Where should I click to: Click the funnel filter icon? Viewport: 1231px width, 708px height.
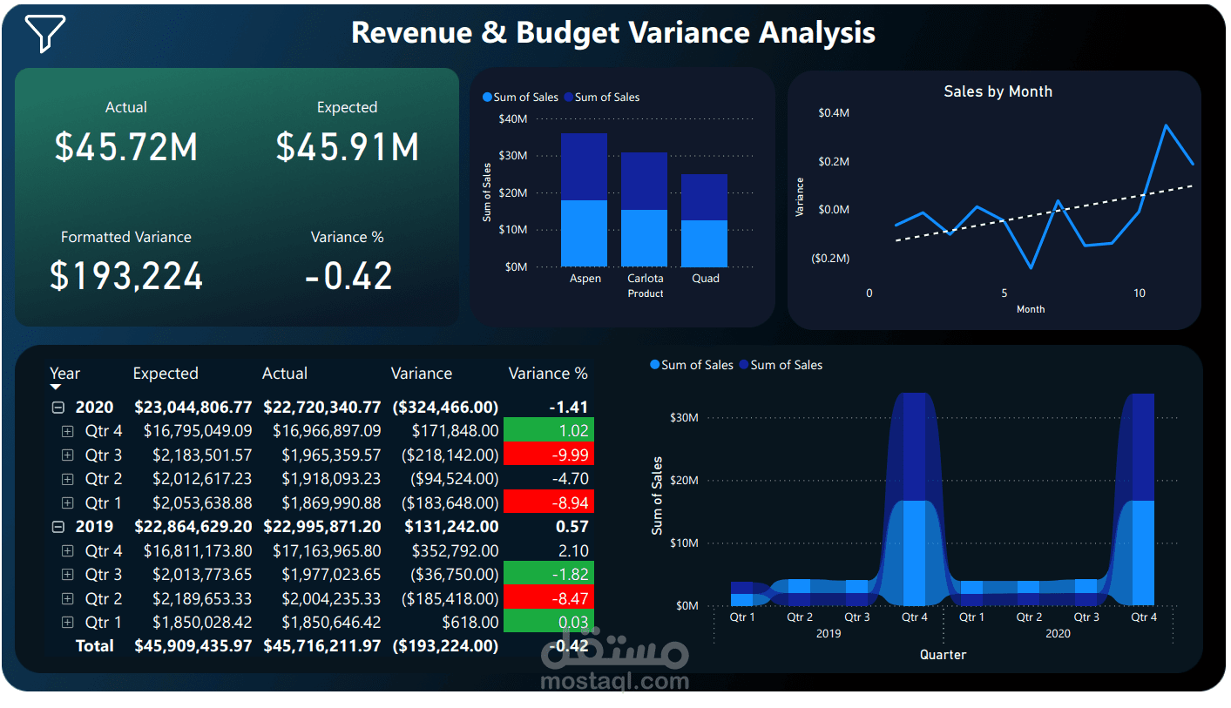[44, 33]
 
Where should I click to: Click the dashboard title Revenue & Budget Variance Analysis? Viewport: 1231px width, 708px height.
[612, 33]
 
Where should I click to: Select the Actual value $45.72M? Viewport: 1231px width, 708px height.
[126, 147]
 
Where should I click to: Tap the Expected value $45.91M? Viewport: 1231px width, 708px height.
[347, 147]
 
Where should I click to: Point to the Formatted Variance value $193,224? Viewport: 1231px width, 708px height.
[126, 276]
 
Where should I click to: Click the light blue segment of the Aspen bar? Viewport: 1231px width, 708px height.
[584, 233]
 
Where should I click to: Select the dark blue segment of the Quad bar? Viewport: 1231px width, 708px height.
[704, 197]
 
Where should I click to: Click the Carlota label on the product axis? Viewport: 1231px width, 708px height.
[645, 279]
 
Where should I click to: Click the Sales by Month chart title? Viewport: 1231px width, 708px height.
[998, 91]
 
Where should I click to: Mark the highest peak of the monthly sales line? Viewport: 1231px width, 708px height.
[1166, 125]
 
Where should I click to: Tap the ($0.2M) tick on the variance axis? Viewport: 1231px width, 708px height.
[830, 259]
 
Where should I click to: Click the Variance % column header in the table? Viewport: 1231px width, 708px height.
[548, 374]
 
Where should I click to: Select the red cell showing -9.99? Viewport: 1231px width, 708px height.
[548, 455]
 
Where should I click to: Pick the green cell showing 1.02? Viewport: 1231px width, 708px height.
[548, 430]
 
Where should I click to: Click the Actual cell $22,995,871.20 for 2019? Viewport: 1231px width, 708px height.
[321, 527]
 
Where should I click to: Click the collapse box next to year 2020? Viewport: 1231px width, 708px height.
[58, 407]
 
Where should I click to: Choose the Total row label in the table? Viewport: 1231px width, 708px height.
[94, 646]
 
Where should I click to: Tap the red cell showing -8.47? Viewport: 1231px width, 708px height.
[548, 598]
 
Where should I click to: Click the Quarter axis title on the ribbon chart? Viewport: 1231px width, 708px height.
[943, 654]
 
